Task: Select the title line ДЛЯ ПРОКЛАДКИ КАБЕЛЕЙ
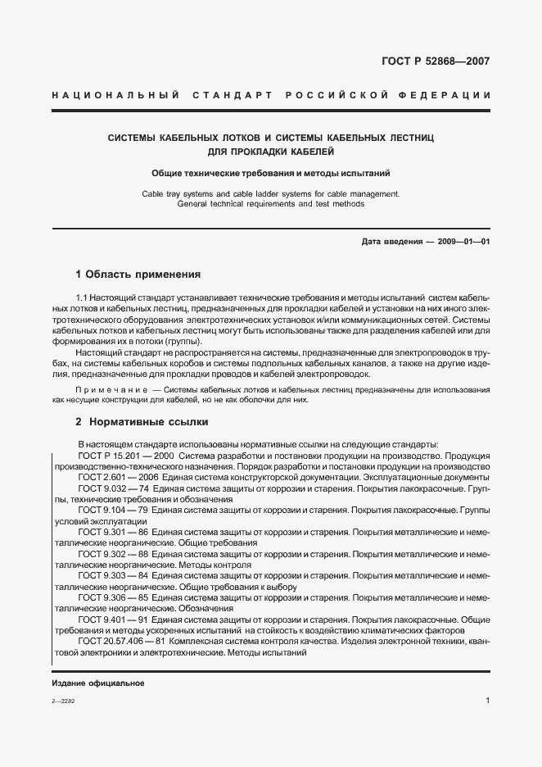click(270, 152)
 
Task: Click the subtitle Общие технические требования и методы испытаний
click(270, 174)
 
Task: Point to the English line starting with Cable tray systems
click(270, 193)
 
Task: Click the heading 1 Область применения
click(138, 274)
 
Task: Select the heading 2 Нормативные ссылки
click(142, 421)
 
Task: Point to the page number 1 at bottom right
click(487, 701)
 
